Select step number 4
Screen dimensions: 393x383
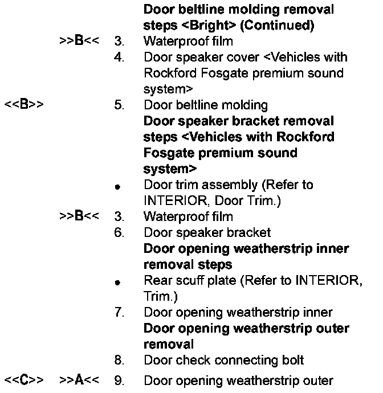(x=119, y=58)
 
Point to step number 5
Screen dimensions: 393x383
(x=119, y=105)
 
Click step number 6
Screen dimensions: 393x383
(x=119, y=232)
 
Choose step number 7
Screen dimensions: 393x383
(x=119, y=312)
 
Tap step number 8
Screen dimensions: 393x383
(x=119, y=360)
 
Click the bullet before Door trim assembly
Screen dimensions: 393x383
(x=116, y=186)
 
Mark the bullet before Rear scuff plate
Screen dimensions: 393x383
(x=116, y=281)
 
